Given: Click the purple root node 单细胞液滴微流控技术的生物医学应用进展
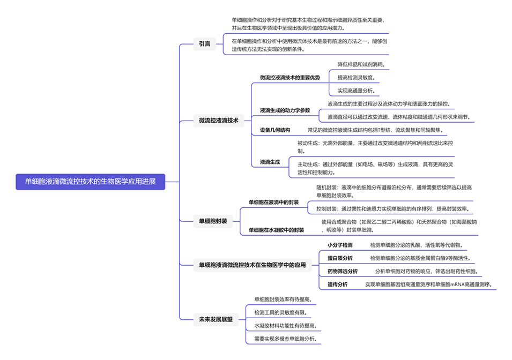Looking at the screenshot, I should [90, 182].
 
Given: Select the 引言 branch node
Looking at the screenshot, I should [204, 44].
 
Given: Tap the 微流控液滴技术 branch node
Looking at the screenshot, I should [218, 121].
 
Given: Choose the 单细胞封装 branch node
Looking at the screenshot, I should [213, 221].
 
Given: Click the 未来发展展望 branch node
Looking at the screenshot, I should [216, 319].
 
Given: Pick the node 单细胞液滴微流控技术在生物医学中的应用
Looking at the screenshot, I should [252, 265].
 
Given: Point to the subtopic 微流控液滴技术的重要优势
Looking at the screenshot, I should [290, 78].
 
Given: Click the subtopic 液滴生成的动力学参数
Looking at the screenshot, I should [285, 110].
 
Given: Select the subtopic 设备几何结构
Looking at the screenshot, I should [275, 130].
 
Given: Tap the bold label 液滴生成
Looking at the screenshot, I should [270, 161].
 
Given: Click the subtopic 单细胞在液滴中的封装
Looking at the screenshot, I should [273, 202].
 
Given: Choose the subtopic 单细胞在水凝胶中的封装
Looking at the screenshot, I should [276, 230].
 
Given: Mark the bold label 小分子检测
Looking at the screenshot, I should [340, 245].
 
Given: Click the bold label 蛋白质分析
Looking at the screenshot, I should [340, 258].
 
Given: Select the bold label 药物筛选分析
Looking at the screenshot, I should [343, 271].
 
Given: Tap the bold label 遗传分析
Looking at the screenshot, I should [337, 284].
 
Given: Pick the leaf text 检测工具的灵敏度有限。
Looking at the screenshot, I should [281, 312].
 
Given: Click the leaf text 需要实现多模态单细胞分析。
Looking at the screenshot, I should [286, 339].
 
